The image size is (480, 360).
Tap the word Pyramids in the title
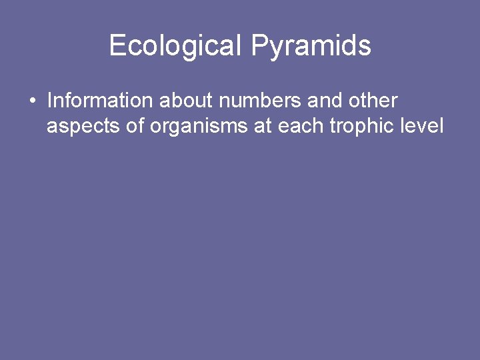click(x=311, y=45)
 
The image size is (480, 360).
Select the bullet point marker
click(x=32, y=101)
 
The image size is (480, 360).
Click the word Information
click(x=100, y=101)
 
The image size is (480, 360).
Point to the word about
click(x=186, y=101)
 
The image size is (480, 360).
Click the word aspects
click(x=83, y=126)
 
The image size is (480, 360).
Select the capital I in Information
click(x=49, y=101)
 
